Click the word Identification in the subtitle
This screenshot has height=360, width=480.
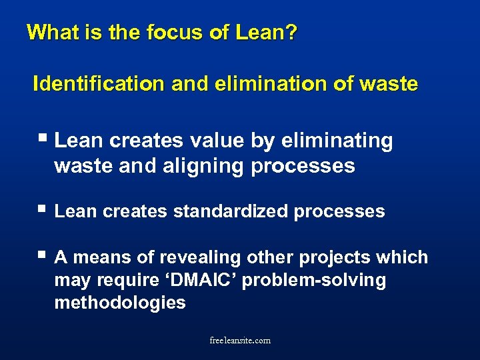point(98,85)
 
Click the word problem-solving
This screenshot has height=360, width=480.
point(314,280)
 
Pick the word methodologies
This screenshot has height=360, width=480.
point(120,303)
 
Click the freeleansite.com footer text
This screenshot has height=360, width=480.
point(240,340)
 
